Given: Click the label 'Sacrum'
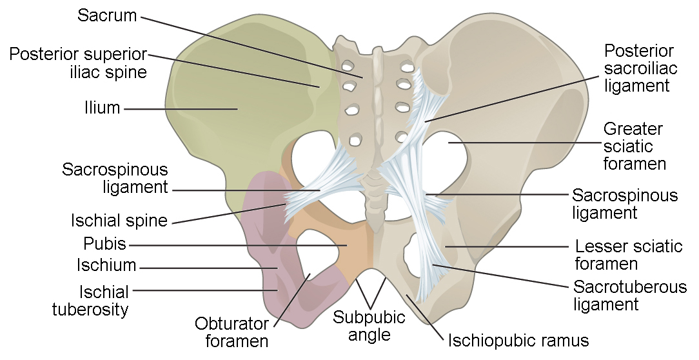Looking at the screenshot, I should click(107, 15).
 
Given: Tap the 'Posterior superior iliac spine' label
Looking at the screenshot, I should click(78, 63).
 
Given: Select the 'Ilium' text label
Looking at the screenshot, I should click(102, 108).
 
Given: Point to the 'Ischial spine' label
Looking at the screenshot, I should click(119, 221).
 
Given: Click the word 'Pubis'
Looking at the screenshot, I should click(104, 245).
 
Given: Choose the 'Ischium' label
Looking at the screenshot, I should click(106, 265).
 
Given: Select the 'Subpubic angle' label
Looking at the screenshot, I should click(369, 326).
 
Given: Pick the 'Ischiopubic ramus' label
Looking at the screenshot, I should click(518, 339).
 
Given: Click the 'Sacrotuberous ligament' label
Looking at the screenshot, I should click(630, 295).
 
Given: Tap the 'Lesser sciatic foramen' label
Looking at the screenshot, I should click(628, 255).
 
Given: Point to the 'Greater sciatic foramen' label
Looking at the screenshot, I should click(634, 146).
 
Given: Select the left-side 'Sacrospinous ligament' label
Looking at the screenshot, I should click(115, 179).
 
